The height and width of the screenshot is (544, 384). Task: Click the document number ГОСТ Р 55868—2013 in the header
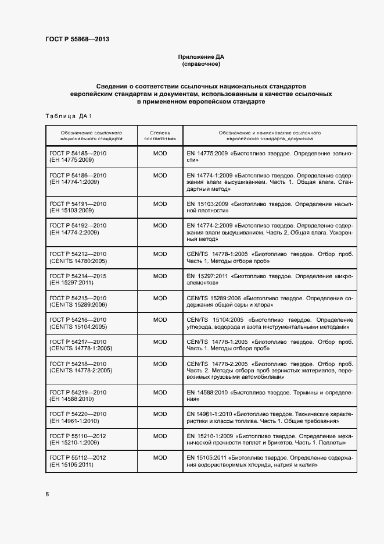click(77, 40)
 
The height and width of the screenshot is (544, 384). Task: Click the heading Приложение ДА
click(200, 57)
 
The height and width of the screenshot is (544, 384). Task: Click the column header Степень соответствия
click(160, 136)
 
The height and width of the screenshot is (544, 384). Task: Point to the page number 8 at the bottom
click(47, 494)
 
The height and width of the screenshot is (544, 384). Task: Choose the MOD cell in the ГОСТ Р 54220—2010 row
click(160, 414)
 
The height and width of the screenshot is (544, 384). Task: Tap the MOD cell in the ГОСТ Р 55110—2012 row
click(160, 436)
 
